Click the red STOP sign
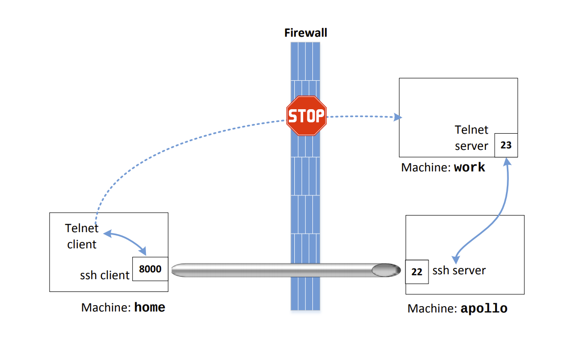(306, 116)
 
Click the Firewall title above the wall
(306, 33)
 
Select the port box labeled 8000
(150, 269)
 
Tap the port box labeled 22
(417, 272)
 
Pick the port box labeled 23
(506, 145)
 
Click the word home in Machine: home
(149, 308)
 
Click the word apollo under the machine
(484, 309)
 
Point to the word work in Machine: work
(469, 168)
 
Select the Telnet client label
(82, 236)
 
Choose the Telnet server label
(472, 138)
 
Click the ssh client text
(104, 275)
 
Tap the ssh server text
(459, 270)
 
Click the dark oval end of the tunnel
(385, 270)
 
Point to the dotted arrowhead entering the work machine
(399, 117)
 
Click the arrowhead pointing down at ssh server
(455, 258)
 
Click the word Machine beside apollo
(432, 309)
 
